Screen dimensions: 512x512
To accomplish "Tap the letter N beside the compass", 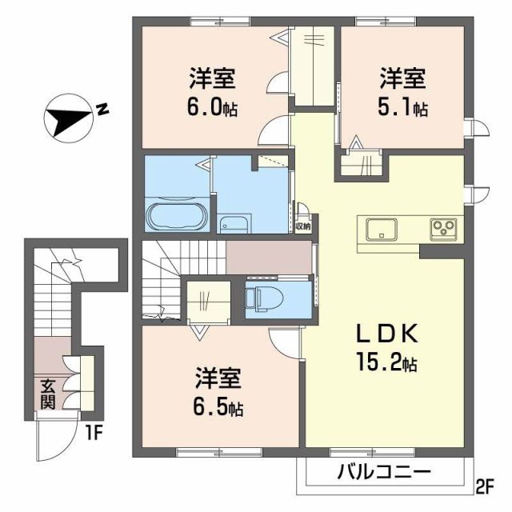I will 103,109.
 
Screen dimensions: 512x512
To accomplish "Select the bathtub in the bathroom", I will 178,216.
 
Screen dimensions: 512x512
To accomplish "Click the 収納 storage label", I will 302,226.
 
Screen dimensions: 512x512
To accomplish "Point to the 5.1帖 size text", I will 403,106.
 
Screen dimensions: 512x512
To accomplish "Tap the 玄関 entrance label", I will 48,396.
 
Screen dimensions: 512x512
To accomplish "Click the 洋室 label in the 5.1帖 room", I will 402,79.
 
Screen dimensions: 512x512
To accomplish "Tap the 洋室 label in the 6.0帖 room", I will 213,79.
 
